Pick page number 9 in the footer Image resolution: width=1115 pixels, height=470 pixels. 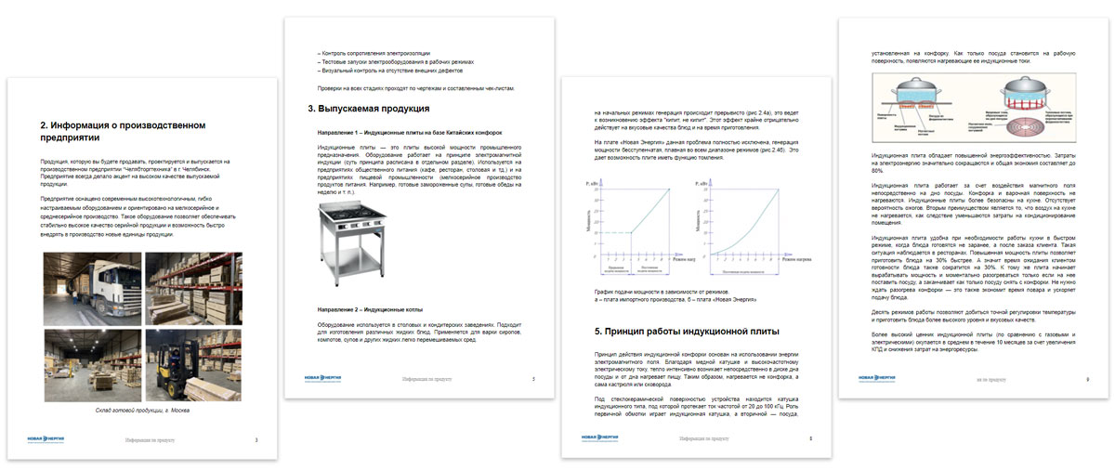pos(1088,378)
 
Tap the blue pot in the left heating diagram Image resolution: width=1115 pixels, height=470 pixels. pos(915,97)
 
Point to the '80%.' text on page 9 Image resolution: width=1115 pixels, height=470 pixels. pos(877,171)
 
